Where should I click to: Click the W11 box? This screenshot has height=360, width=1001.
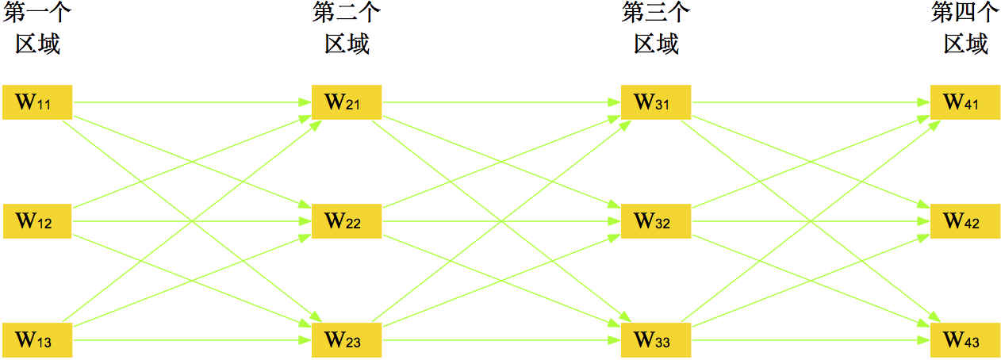click(x=37, y=101)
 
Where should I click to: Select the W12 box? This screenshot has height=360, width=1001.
click(x=37, y=221)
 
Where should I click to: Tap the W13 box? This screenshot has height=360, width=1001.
click(x=37, y=340)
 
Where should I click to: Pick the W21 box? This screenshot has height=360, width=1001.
click(x=347, y=101)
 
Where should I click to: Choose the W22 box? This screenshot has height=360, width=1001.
click(x=347, y=221)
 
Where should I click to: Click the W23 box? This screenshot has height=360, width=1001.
click(x=347, y=340)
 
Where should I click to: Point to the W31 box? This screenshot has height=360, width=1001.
click(x=656, y=101)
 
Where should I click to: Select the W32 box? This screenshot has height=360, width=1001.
click(x=656, y=221)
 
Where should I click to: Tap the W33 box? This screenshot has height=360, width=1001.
click(x=656, y=340)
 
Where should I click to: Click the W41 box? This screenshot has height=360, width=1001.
click(x=965, y=101)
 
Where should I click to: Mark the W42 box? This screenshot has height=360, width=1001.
click(x=965, y=221)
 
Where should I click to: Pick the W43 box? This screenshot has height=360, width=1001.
click(x=965, y=340)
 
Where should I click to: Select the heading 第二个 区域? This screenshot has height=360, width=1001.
click(x=347, y=29)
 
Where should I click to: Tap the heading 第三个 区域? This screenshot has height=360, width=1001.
click(x=656, y=29)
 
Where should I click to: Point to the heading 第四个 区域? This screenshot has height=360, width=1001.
click(x=965, y=29)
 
